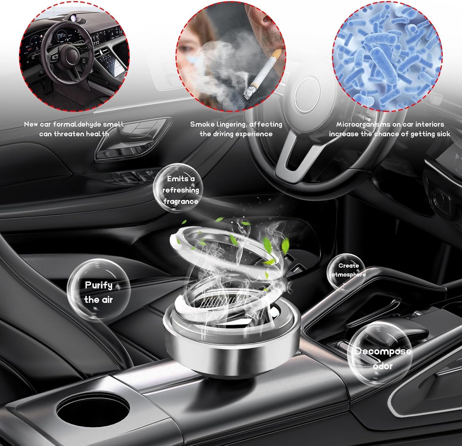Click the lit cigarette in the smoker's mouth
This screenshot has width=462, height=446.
(262, 74)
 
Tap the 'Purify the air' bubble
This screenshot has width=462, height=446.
(99, 290)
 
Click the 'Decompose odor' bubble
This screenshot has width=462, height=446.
(381, 351)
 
